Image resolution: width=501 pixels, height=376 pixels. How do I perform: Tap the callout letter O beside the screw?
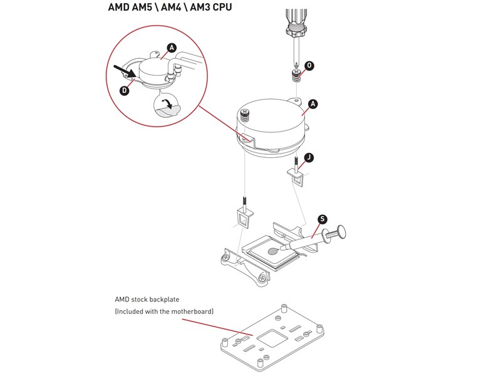[x=309, y=66]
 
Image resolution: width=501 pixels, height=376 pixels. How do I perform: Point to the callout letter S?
[x=322, y=219]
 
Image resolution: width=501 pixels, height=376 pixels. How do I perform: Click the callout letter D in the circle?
[x=125, y=91]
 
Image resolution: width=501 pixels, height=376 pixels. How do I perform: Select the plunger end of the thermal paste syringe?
[x=342, y=231]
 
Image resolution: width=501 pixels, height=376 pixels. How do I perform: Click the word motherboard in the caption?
[x=190, y=311]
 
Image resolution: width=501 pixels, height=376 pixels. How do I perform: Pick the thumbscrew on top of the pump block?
[x=245, y=115]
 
